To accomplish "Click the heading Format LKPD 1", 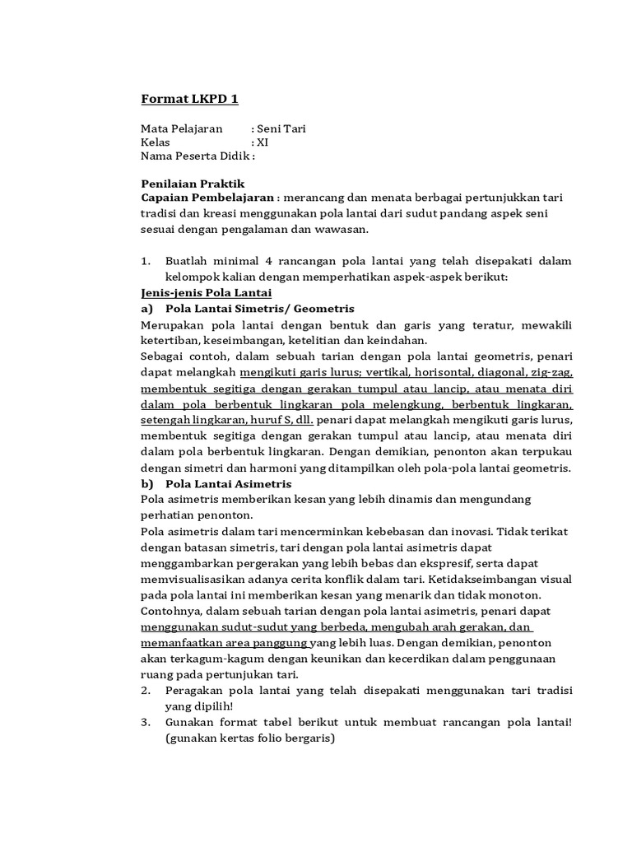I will click(x=189, y=100).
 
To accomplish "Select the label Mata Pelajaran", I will click(x=182, y=128).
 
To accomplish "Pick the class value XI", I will click(x=263, y=142).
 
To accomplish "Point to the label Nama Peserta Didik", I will click(x=194, y=156).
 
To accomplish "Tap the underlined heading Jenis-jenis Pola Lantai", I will click(x=207, y=293).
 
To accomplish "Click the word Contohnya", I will click(x=172, y=611).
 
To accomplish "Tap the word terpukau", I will click(x=545, y=452).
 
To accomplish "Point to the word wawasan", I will click(x=367, y=230).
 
